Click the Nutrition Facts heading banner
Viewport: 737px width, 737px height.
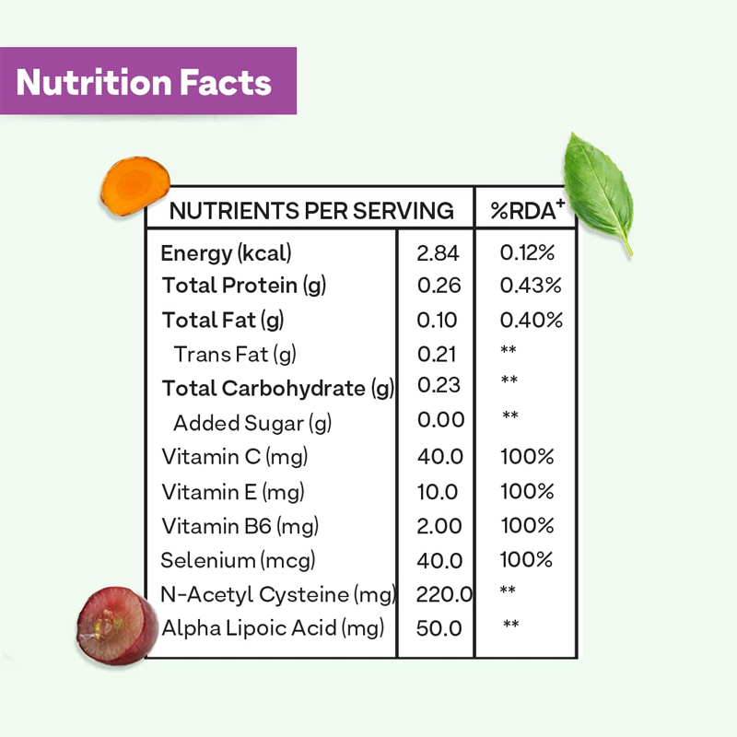click(147, 82)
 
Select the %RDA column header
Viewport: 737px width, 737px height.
click(527, 211)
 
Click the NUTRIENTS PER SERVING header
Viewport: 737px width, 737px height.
click(311, 211)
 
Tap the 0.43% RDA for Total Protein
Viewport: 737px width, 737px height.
click(531, 286)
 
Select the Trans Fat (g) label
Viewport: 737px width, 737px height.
click(235, 354)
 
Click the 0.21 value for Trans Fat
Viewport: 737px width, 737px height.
click(438, 354)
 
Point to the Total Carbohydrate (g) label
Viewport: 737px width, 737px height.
click(277, 388)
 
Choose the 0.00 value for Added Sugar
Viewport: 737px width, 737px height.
click(440, 421)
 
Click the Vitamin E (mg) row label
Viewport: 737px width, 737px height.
click(232, 492)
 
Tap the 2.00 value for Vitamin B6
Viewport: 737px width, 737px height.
click(439, 526)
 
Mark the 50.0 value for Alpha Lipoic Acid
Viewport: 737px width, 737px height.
click(439, 628)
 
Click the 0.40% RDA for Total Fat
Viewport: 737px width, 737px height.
click(531, 321)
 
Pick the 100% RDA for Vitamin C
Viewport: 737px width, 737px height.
click(527, 457)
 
